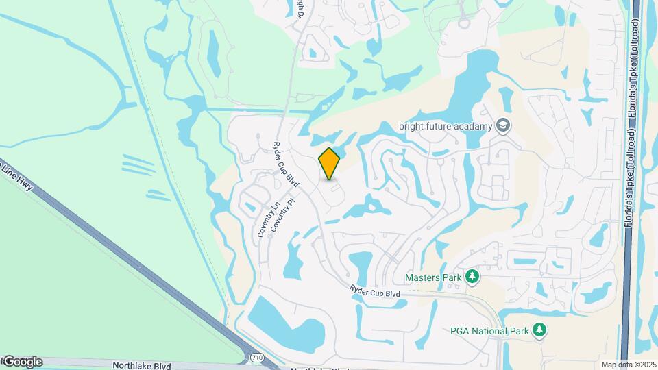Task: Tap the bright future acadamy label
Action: [x=446, y=126]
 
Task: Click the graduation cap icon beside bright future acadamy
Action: [x=504, y=125]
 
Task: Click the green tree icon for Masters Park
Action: [x=472, y=277]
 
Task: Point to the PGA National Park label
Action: [x=489, y=331]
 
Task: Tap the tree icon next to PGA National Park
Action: [x=540, y=331]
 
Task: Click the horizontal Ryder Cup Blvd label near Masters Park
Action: [x=374, y=291]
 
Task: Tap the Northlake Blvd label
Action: [x=143, y=366]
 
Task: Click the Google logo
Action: [x=23, y=362]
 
